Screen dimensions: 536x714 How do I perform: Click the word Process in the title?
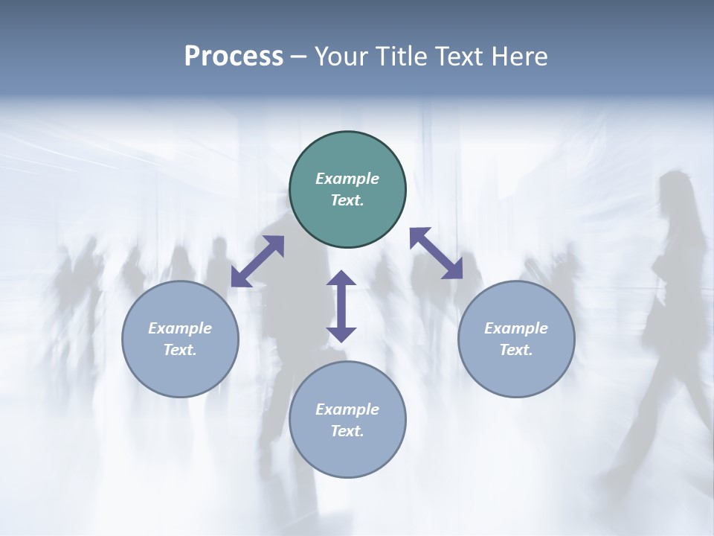234,57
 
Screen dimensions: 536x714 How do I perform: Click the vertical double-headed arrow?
341,307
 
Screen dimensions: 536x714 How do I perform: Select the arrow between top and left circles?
257,261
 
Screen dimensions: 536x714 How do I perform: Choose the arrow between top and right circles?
436,253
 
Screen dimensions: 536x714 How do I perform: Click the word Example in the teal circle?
347,179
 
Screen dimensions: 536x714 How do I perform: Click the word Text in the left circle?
180,350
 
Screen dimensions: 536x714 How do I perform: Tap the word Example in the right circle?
516,328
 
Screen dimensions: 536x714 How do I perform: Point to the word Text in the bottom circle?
347,431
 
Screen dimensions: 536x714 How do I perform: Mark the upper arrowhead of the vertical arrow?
341,278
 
